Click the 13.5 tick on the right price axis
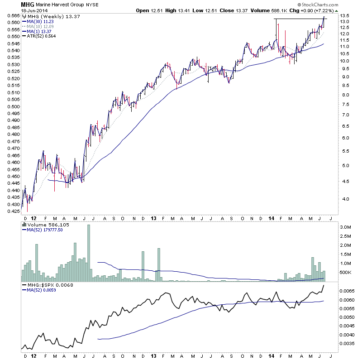[x=345, y=16]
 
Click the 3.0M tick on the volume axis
[x=346, y=227]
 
